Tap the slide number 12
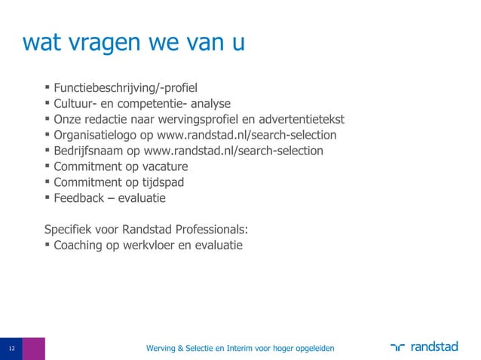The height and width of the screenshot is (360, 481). click(x=11, y=349)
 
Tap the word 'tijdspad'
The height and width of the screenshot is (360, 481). click(x=160, y=182)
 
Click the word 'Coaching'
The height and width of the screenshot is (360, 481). click(x=79, y=246)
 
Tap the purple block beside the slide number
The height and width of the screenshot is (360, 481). click(x=33, y=349)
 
